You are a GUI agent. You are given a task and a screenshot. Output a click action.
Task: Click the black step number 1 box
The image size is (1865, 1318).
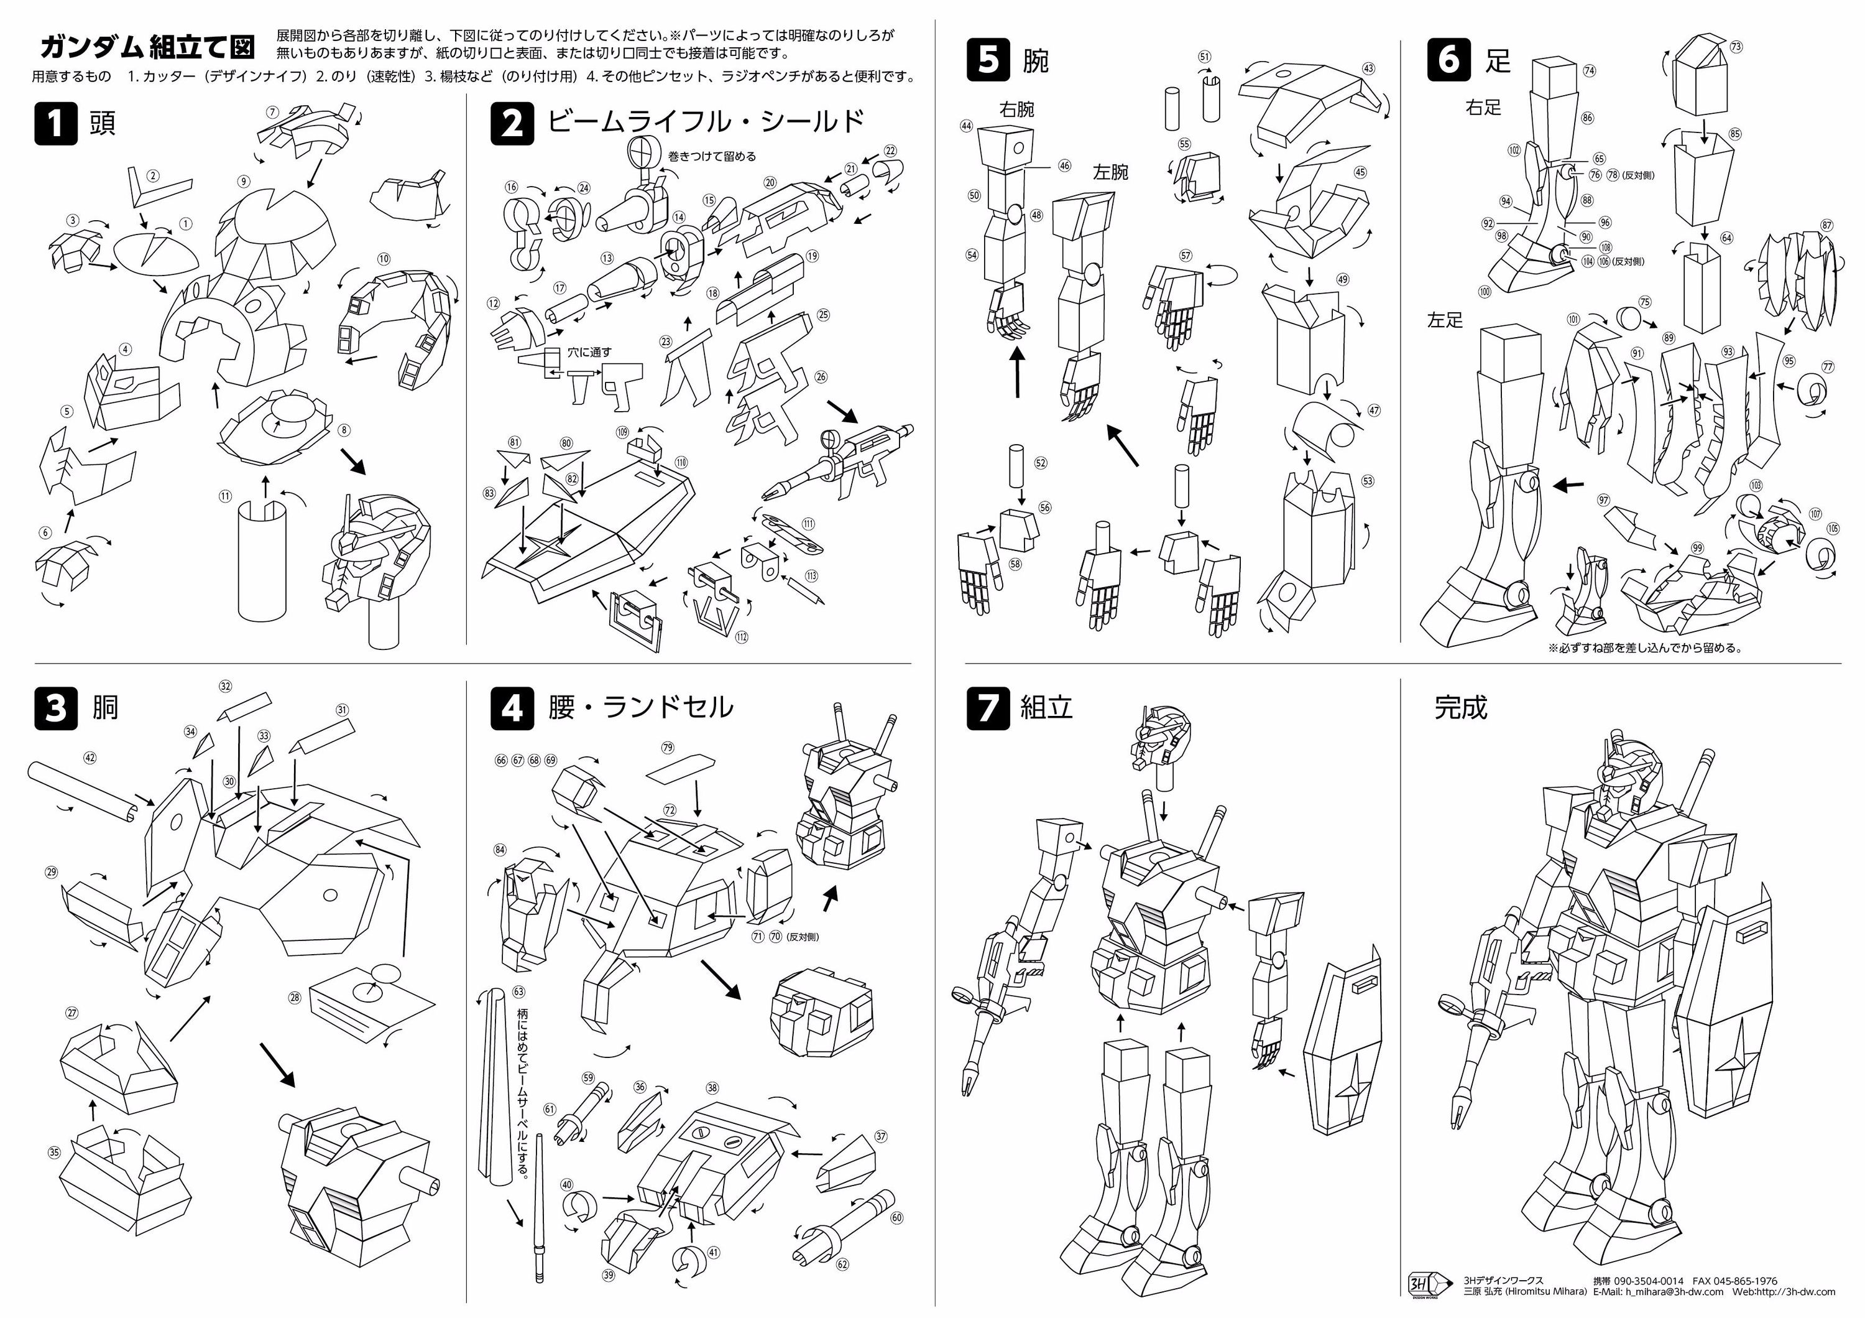[55, 124]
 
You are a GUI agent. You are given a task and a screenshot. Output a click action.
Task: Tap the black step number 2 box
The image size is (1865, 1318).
[512, 124]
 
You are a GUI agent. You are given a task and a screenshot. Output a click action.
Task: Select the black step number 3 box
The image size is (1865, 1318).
[55, 708]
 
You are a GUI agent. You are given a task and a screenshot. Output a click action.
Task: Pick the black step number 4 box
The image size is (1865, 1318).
[512, 708]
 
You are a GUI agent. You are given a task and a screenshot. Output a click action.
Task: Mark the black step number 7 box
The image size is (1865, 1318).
[988, 708]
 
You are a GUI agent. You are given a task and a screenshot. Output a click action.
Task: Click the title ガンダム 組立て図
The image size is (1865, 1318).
[147, 47]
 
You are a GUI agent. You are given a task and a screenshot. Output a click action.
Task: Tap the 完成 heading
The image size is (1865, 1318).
[1460, 708]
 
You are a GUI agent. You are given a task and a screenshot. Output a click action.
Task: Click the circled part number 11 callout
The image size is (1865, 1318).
[225, 496]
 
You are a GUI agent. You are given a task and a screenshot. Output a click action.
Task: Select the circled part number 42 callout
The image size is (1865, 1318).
[90, 758]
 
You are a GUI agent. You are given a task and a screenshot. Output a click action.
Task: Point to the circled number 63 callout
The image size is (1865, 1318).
[519, 991]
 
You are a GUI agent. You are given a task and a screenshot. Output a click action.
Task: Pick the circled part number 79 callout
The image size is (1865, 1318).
[668, 748]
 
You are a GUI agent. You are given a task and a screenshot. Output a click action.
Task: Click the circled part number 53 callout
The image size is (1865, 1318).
[1368, 481]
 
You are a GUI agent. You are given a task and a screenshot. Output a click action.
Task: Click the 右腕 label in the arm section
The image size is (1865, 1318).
[1016, 109]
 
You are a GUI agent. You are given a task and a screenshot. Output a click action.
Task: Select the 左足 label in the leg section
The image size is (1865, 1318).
[1444, 320]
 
